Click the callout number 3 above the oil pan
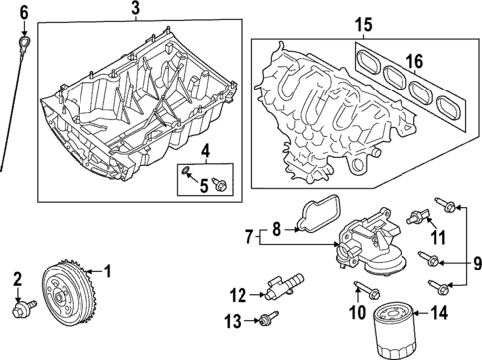(x=135, y=9)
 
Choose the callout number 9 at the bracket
(x=474, y=263)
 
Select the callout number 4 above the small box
(x=204, y=151)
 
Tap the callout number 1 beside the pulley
(x=107, y=270)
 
